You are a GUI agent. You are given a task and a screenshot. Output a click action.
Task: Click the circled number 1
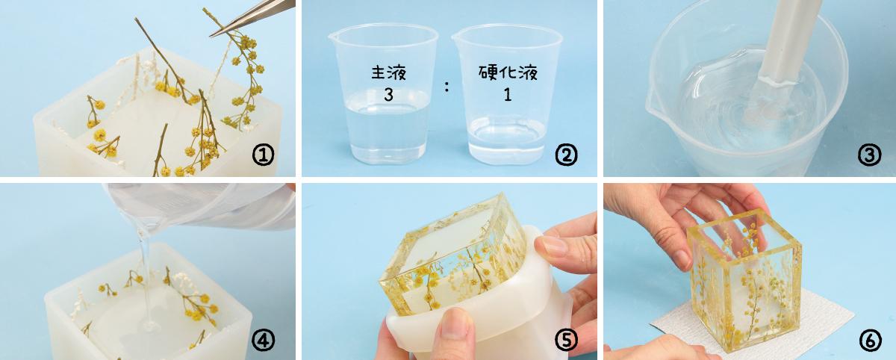point(263,155)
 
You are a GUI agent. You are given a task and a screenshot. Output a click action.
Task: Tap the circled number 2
point(566,155)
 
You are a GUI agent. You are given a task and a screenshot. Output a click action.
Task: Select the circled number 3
point(870,155)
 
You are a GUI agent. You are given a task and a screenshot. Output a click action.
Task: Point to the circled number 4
point(263,341)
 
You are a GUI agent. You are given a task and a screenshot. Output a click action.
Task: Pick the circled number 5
point(566,341)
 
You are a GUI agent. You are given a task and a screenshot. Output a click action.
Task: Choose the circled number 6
point(870,341)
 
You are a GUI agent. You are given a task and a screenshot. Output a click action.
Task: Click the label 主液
point(388,72)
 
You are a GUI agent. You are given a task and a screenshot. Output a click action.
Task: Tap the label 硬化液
point(508,72)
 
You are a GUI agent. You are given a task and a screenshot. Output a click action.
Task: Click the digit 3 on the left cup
point(388,95)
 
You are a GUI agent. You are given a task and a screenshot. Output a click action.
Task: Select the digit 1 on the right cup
point(508,95)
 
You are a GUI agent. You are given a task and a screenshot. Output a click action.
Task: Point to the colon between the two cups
point(447,87)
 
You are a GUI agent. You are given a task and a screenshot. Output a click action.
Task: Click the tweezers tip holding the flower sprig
point(211,36)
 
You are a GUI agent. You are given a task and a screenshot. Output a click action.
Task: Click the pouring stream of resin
point(145,276)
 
